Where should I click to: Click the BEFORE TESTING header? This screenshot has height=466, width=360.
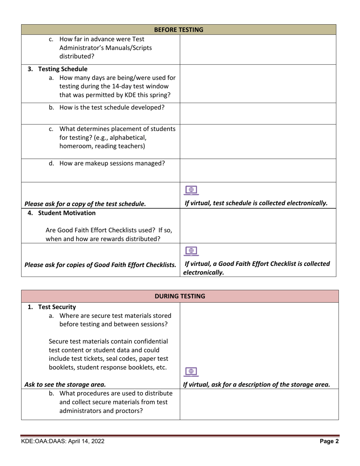click(x=178, y=30)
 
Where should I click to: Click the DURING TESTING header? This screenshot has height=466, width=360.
click(x=180, y=296)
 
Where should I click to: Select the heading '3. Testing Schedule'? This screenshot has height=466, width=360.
click(x=58, y=69)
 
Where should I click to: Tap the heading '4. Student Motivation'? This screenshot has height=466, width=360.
click(x=62, y=213)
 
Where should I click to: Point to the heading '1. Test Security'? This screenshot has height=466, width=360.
click(x=52, y=307)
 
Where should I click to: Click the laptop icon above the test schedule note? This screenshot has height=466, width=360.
click(x=191, y=190)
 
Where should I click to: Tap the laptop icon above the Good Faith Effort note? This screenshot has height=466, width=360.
click(x=191, y=250)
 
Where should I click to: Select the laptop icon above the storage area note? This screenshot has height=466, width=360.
click(x=191, y=372)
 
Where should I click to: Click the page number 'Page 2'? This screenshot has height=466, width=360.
click(x=329, y=441)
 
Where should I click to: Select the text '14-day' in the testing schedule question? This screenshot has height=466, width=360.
click(x=106, y=86)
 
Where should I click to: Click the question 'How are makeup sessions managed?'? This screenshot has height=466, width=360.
click(x=112, y=164)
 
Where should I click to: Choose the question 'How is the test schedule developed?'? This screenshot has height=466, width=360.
click(x=112, y=107)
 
